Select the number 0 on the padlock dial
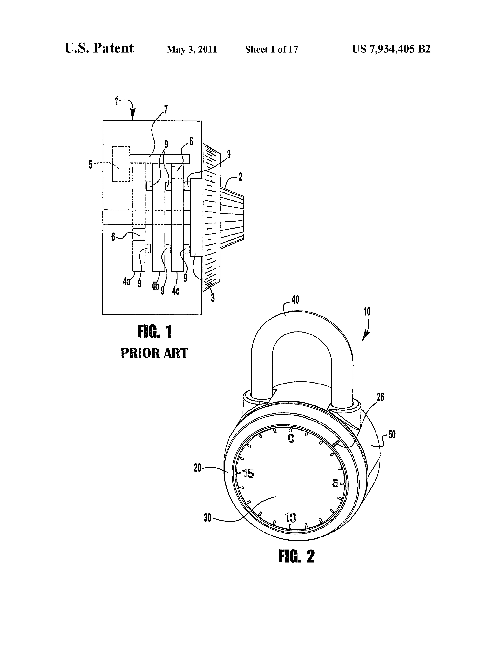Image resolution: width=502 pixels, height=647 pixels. pyautogui.click(x=291, y=438)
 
